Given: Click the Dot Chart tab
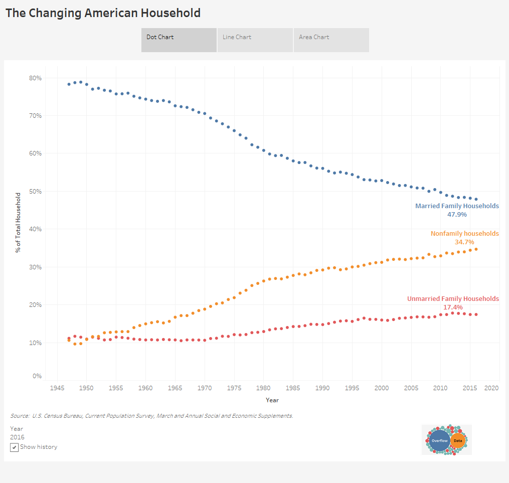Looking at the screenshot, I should (x=179, y=40).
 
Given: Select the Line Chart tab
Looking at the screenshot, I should (x=255, y=40).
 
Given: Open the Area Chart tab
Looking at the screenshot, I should (x=331, y=40).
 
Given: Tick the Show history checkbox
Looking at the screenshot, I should (x=15, y=447).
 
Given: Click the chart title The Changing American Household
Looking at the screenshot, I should (x=103, y=13).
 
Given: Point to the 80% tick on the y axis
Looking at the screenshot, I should (x=35, y=78).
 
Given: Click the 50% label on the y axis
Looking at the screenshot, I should (x=35, y=192).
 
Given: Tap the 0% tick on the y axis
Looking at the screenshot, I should (x=37, y=376).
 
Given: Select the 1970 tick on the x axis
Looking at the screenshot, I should (x=205, y=388).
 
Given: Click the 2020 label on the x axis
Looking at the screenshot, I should (x=491, y=388).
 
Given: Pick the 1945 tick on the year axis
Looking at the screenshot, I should (x=57, y=388).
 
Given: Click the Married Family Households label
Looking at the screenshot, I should (x=457, y=206).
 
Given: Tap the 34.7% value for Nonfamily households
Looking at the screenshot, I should (x=464, y=242).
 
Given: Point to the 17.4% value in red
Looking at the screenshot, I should (x=453, y=307).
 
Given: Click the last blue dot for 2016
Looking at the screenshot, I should (x=476, y=199).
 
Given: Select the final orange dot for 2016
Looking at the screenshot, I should (x=476, y=249).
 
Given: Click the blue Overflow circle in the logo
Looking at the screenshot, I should (x=439, y=440).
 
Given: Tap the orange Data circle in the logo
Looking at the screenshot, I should (x=458, y=441).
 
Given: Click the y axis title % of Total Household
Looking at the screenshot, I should (x=18, y=222).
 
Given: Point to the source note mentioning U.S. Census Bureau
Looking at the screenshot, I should (x=151, y=416).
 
